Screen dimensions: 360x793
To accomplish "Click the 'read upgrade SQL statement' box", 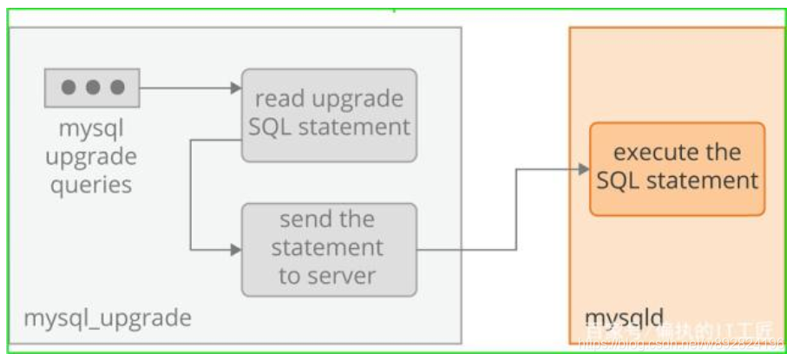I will (328, 114).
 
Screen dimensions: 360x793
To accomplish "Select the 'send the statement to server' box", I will (328, 247).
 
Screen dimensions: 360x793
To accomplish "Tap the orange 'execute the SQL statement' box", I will (677, 168).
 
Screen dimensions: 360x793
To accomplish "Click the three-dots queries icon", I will (93, 88).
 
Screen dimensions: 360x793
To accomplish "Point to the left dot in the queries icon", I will (69, 88).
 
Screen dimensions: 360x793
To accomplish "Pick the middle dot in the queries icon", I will (93, 88).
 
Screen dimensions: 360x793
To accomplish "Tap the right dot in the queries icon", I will (117, 88).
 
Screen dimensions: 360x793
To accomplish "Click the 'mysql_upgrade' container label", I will (107, 318).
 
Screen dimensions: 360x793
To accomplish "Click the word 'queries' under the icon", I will (91, 184).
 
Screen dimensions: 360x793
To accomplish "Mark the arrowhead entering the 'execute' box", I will (583, 169).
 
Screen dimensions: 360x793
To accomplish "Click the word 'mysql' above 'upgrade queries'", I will (91, 129).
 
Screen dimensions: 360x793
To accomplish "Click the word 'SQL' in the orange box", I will (620, 181).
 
